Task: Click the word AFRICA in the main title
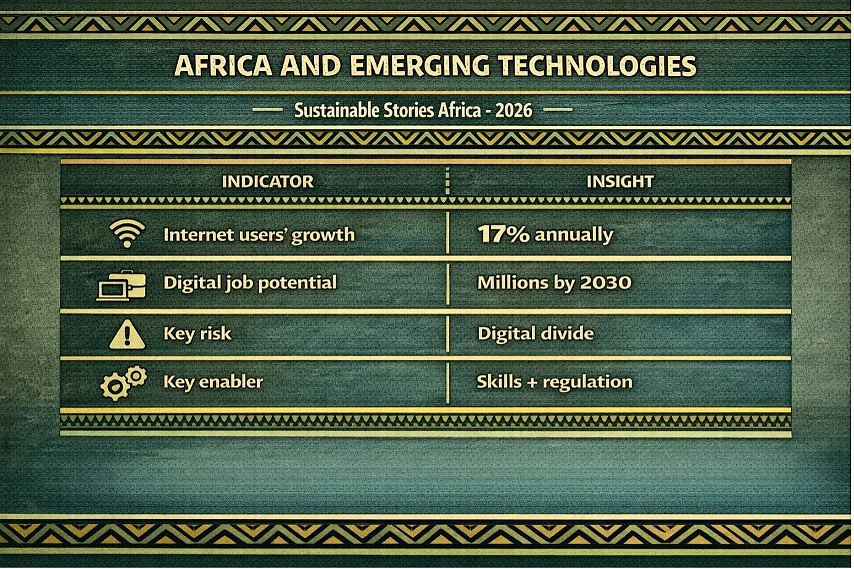point(223,65)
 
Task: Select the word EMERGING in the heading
point(420,65)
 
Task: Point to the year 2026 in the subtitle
point(513,110)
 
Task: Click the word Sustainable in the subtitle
point(337,110)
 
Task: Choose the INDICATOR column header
point(268,181)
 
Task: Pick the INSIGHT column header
point(620,181)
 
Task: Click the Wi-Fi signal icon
point(127,233)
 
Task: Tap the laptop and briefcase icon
point(121,285)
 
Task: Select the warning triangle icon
point(127,334)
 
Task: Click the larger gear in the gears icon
point(115,387)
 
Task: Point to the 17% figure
point(504,234)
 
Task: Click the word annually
point(574,235)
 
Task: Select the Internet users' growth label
point(259,235)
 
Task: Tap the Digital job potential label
point(250,283)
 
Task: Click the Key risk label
point(197,334)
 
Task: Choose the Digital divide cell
point(536,333)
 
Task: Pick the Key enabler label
point(213,382)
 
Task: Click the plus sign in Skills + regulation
point(532,383)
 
